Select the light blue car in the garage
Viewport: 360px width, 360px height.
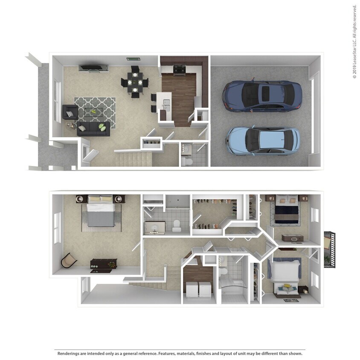[x=263, y=140]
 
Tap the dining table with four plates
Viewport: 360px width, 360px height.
[x=134, y=82]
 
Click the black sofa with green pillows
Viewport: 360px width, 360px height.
[x=93, y=128]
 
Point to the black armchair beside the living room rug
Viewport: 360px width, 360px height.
[x=70, y=112]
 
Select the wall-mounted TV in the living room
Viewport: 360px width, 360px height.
[x=93, y=68]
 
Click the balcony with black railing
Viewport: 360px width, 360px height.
[x=330, y=250]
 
